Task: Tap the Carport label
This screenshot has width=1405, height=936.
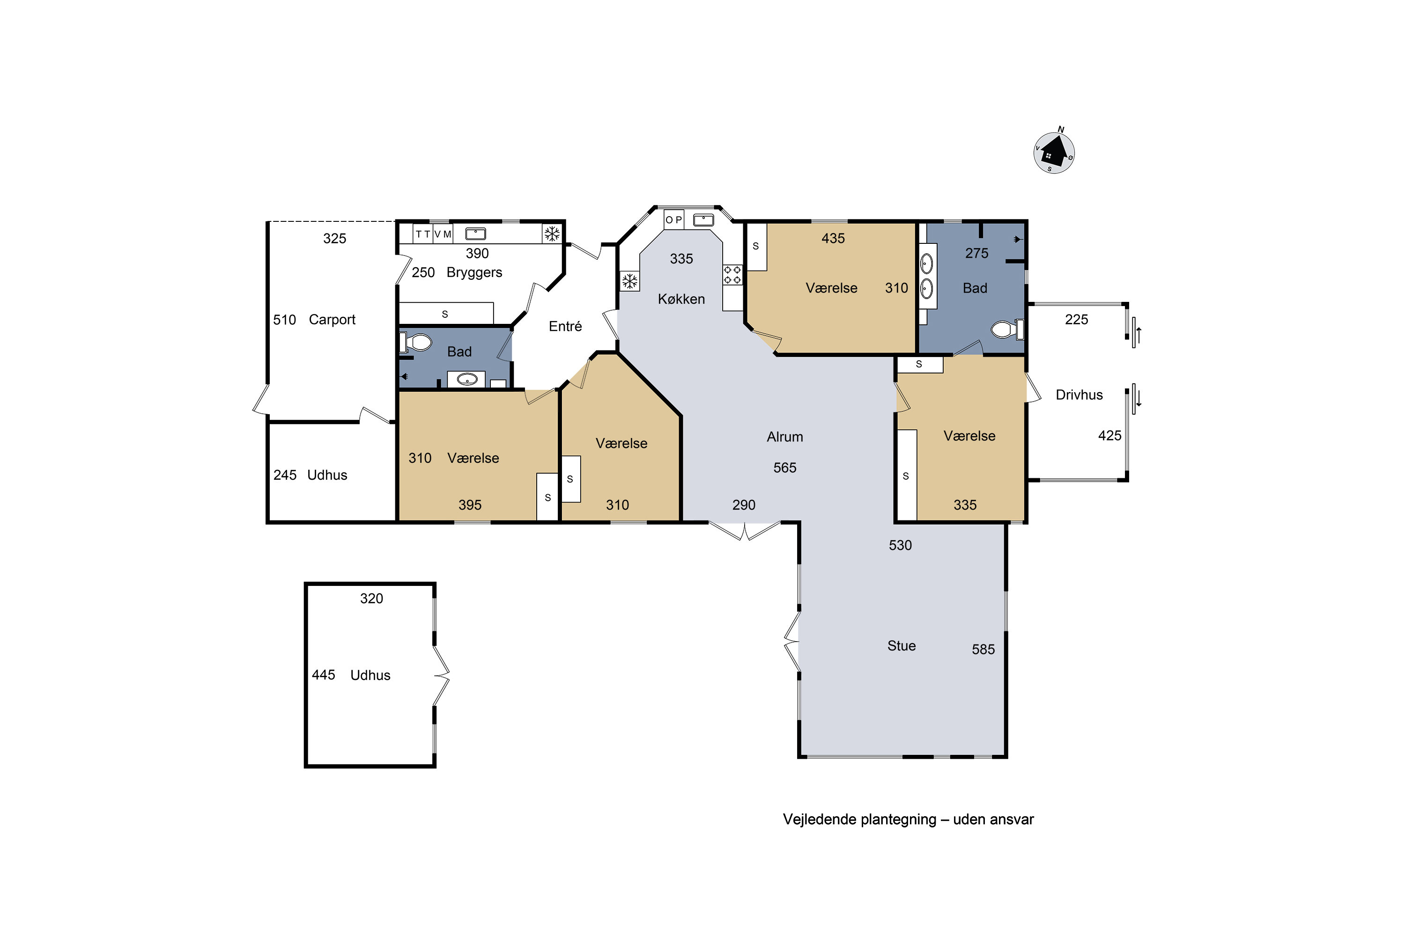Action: pos(332,320)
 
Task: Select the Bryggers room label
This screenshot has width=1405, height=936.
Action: pos(474,273)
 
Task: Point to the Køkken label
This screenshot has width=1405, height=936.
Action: pos(681,299)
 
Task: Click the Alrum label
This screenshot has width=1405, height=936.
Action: pos(785,437)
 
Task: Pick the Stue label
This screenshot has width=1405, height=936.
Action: pos(902,646)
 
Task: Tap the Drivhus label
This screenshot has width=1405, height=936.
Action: pos(1079,395)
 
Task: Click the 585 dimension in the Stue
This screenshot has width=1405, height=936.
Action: pos(983,650)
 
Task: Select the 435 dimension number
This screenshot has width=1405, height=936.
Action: pos(833,239)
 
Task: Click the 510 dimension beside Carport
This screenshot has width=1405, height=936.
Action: pos(284,320)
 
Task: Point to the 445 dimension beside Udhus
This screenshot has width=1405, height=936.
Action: pos(323,675)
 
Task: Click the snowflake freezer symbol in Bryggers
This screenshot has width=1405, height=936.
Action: pos(552,234)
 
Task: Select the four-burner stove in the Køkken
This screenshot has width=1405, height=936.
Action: pos(732,275)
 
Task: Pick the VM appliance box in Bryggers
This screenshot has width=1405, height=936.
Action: pos(442,234)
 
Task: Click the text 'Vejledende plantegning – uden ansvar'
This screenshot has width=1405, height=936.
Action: pos(908,819)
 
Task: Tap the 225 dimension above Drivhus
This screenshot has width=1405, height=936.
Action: pos(1076,320)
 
